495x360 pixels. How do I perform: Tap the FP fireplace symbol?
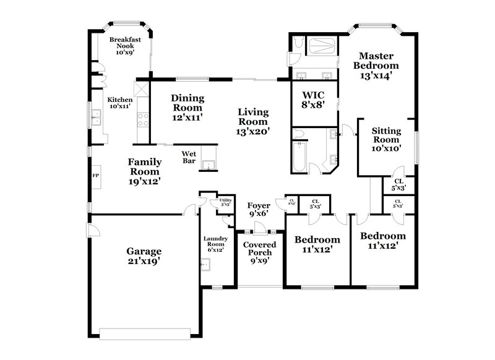pyautogui.click(x=95, y=175)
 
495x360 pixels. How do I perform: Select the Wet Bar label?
pyautogui.click(x=189, y=157)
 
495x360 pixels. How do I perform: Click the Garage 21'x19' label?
pyautogui.click(x=144, y=256)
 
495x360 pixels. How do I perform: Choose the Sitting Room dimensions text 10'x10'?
pyautogui.click(x=387, y=148)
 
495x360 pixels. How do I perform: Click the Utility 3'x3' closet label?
pyautogui.click(x=225, y=202)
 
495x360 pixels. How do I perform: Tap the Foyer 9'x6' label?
pyautogui.click(x=259, y=209)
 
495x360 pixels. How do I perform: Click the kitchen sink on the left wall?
pyautogui.click(x=97, y=118)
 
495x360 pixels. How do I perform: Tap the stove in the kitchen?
pyautogui.click(x=143, y=119)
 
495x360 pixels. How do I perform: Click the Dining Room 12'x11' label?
pyautogui.click(x=187, y=107)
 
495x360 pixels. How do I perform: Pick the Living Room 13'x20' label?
pyautogui.click(x=254, y=121)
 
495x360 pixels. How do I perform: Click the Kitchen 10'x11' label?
pyautogui.click(x=121, y=103)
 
